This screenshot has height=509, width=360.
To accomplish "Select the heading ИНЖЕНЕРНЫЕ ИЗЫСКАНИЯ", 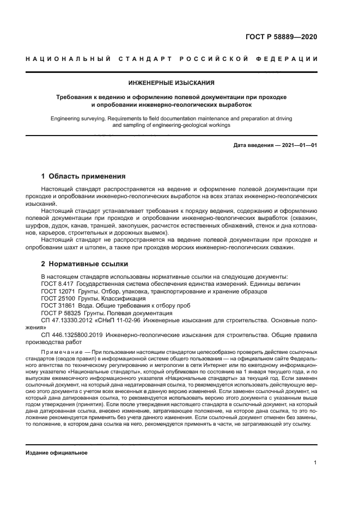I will (x=171, y=83).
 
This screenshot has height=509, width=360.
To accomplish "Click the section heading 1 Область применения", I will (x=84, y=176).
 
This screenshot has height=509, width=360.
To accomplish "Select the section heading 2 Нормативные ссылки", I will (x=85, y=264).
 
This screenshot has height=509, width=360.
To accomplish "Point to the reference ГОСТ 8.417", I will (x=57, y=284).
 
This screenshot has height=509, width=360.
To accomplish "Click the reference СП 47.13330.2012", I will (x=67, y=321).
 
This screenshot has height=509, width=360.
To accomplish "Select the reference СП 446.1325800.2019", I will (x=72, y=335).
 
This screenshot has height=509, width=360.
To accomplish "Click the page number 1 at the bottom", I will (x=315, y=463).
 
